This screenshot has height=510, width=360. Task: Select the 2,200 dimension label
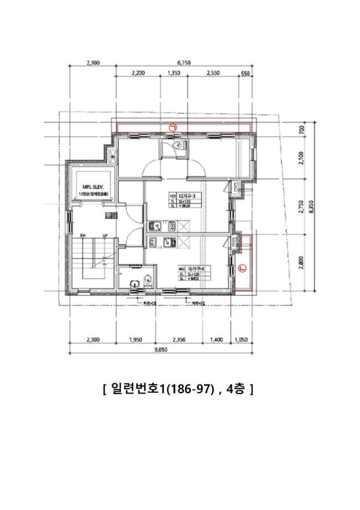click(x=138, y=74)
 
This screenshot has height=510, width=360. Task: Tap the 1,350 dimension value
click(x=174, y=74)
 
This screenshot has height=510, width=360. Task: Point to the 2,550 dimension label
click(x=213, y=74)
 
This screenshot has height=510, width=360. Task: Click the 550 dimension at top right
click(x=244, y=74)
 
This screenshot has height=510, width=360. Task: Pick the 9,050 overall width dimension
click(x=161, y=350)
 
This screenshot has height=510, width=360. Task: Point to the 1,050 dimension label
click(x=241, y=340)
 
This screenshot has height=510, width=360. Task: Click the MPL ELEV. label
click(x=94, y=187)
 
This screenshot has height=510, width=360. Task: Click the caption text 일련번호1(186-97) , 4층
click(x=179, y=390)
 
